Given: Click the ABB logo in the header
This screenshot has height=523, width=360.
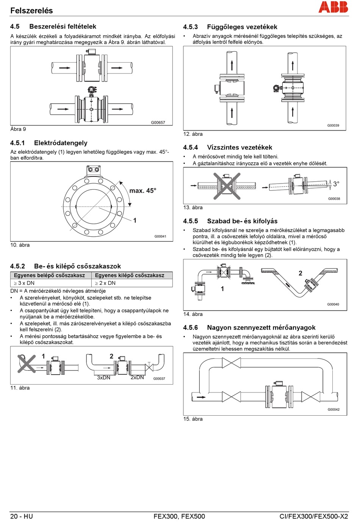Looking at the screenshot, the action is pos(333,7).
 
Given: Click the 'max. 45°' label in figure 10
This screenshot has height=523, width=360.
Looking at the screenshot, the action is pos(142,191).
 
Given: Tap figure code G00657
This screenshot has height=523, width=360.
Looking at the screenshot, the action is pos(158,123).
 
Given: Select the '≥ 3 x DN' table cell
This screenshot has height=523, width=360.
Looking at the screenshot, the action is pos(24,283).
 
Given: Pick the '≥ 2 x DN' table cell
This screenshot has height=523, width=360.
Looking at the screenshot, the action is pos(105,283).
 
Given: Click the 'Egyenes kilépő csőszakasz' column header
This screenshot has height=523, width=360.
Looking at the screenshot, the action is pos(130,275).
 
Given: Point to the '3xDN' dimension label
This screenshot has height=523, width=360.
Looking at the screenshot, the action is pos(103,377).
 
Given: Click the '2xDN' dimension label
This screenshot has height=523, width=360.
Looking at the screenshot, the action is pos(137,377).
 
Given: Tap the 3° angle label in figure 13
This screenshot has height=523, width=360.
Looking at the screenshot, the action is pos(336,184).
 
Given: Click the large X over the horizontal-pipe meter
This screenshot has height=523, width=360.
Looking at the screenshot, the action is pos(227,186).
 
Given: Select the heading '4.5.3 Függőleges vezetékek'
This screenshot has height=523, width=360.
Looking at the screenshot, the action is pos(230,27).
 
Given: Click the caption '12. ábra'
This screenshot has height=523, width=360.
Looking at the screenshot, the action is pos(193,134).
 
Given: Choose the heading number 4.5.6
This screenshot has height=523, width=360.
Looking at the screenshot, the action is pos(190,328).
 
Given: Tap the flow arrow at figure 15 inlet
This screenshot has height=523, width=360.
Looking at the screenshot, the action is pos(201,397).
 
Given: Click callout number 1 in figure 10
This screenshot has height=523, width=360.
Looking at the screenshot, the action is pos(135,220).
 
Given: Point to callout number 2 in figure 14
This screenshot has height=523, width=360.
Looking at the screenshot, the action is pos(301,273).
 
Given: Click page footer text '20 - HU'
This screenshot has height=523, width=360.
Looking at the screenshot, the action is pos(22,516).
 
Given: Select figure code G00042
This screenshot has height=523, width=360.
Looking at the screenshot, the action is pos(333,410).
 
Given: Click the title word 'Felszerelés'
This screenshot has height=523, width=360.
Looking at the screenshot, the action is pos(31,11).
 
